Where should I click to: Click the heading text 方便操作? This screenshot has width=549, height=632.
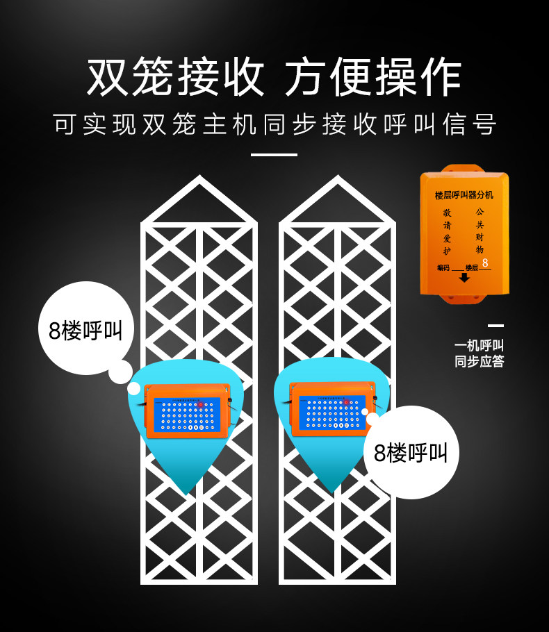(x=373, y=76)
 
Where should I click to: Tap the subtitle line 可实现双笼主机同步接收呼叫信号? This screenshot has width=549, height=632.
(x=274, y=125)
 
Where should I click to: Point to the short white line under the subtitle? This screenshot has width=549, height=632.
(x=274, y=154)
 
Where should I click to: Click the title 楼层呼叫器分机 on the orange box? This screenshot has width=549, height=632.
(x=464, y=196)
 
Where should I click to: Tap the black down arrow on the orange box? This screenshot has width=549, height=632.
(x=464, y=278)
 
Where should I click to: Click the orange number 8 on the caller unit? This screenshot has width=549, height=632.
(x=485, y=263)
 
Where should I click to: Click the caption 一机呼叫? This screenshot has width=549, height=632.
(x=479, y=345)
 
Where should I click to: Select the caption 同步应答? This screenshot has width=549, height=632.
(x=479, y=361)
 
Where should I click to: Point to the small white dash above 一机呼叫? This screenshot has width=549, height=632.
(x=495, y=325)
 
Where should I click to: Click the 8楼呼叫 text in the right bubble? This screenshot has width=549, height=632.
(x=411, y=454)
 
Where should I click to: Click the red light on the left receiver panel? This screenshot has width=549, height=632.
(x=201, y=404)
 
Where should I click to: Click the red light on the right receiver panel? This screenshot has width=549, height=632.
(x=346, y=402)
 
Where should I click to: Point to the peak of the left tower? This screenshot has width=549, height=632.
(x=199, y=179)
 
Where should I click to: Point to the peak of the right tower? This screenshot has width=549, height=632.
(x=337, y=179)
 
